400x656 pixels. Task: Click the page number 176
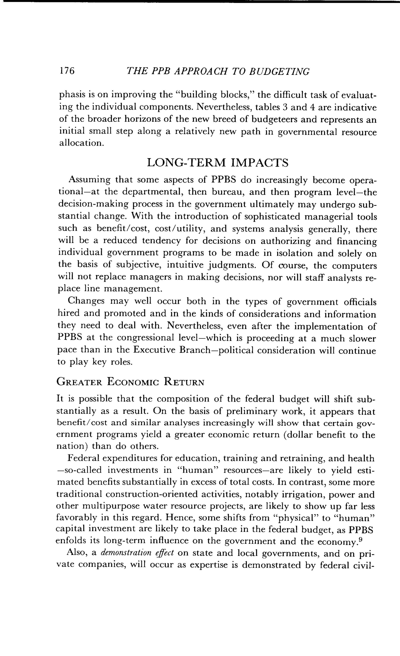click(67, 71)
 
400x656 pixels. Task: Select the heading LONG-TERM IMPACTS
click(218, 163)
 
